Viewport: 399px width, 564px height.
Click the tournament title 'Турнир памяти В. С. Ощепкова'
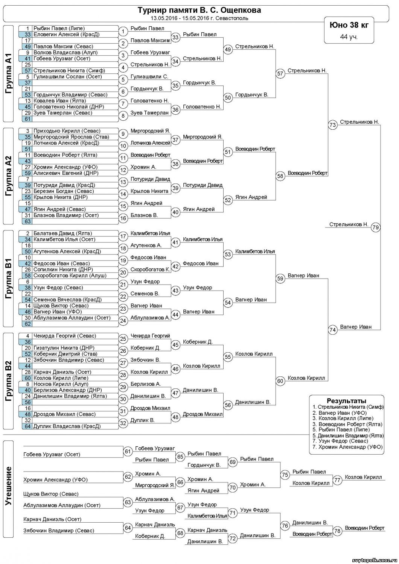click(199, 10)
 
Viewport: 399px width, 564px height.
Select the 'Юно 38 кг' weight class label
click(349, 25)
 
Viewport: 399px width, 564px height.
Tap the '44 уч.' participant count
click(349, 36)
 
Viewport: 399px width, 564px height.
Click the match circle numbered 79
click(375, 227)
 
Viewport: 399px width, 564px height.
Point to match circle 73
click(332, 125)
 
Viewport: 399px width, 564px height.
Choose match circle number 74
click(332, 330)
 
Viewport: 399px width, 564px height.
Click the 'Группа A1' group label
click(9, 74)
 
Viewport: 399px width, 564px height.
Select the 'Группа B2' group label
click(9, 381)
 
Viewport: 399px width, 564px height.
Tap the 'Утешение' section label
click(9, 485)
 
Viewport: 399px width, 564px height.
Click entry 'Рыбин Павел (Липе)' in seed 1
click(59, 28)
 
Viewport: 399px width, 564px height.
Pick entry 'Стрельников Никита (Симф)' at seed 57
click(69, 70)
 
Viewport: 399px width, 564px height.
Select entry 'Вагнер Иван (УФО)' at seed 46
click(58, 312)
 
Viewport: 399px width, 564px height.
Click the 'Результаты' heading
click(346, 401)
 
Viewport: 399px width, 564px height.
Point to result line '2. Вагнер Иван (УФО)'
click(340, 413)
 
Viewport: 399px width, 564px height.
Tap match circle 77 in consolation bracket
click(337, 480)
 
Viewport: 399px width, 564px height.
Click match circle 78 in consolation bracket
click(337, 531)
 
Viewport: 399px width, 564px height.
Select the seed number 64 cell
click(27, 426)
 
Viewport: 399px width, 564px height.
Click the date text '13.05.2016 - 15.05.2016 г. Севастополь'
click(199, 18)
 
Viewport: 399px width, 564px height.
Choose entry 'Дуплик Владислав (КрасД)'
click(67, 426)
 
